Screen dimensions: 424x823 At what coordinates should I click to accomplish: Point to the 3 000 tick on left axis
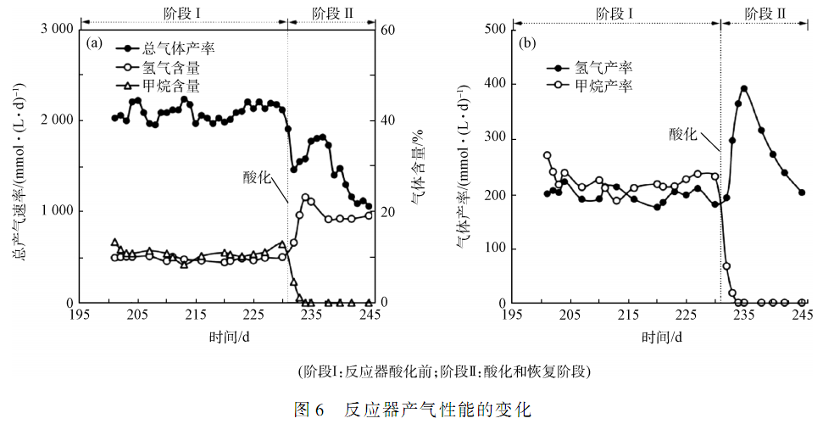(54, 30)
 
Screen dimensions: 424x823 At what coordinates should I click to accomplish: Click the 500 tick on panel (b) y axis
(493, 30)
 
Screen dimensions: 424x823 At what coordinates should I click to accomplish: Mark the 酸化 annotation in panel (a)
(257, 177)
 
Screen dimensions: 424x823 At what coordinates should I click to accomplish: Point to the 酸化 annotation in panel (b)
(683, 134)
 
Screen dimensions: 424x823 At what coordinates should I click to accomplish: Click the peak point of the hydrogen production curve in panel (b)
(743, 88)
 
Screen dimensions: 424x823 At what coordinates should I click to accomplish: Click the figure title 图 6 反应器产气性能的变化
(412, 410)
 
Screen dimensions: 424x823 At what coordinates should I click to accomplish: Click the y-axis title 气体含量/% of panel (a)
(416, 165)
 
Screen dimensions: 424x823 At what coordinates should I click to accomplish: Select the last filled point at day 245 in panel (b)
(802, 192)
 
